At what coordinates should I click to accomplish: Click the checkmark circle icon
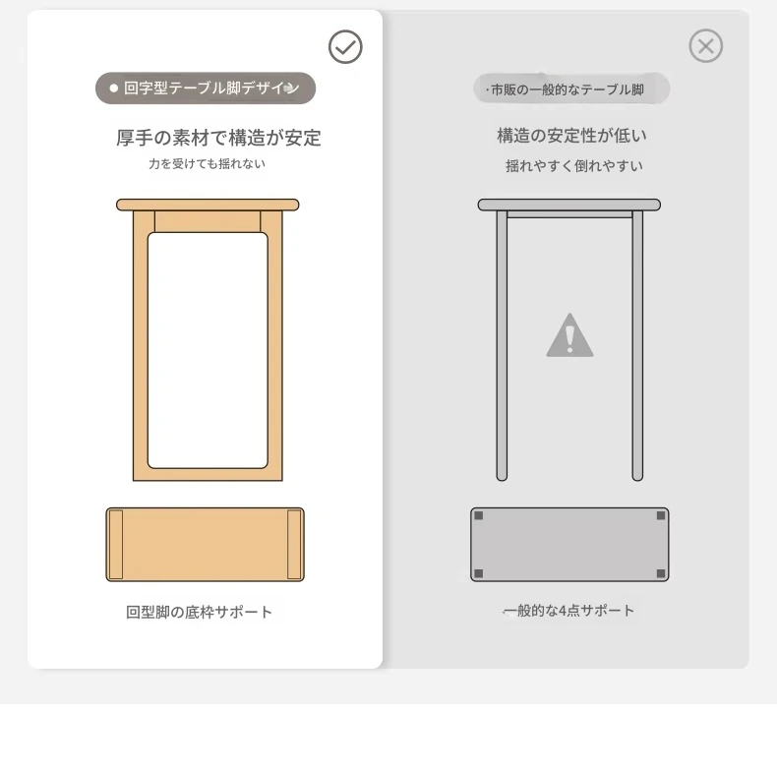(345, 47)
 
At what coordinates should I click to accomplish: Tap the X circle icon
(705, 46)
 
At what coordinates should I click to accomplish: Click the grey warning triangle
(569, 335)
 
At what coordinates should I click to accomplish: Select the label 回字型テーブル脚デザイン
(211, 89)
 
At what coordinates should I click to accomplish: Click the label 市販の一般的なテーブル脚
(568, 89)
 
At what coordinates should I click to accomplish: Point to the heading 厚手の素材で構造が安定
(218, 138)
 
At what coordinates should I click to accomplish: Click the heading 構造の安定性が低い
(571, 136)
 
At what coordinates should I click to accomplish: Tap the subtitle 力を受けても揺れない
(208, 163)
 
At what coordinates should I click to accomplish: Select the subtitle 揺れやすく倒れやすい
(573, 165)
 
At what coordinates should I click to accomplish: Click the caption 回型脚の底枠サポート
(199, 612)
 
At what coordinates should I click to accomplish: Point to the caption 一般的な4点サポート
(568, 611)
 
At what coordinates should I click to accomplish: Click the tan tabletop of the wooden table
(208, 205)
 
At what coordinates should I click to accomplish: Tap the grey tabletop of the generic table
(568, 205)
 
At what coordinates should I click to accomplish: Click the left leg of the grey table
(502, 346)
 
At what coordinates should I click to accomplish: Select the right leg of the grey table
(637, 346)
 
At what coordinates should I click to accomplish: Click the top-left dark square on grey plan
(479, 516)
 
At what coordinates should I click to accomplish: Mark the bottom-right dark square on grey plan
(661, 573)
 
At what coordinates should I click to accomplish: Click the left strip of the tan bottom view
(116, 545)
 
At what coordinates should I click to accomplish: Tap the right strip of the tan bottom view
(294, 545)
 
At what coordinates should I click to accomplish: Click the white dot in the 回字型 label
(114, 89)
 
